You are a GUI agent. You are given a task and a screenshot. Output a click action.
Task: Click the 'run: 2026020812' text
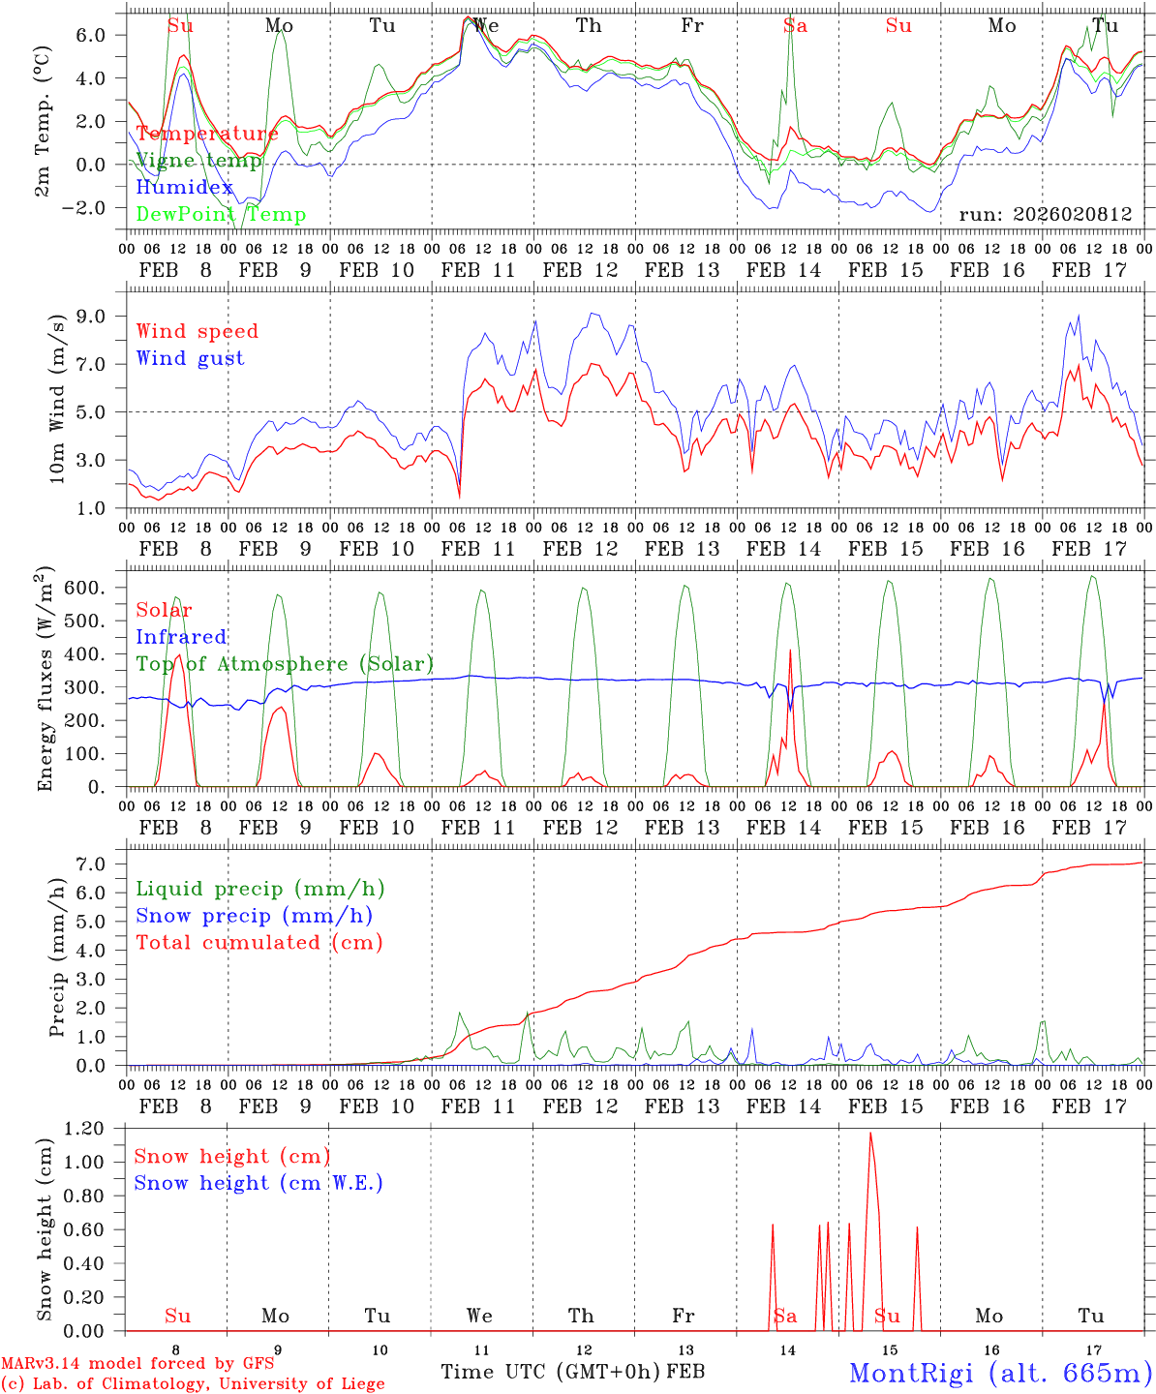point(1046,214)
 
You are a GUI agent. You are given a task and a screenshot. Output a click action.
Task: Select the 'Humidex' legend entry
point(185,188)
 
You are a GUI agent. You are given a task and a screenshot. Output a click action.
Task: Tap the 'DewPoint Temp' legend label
point(221,215)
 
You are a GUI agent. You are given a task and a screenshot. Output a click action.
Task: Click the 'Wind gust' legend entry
point(190,358)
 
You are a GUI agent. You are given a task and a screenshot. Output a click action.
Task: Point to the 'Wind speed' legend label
point(198,331)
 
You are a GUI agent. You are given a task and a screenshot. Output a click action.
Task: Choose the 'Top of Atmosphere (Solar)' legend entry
point(285,664)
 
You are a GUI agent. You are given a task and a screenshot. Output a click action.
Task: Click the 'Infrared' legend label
point(181,637)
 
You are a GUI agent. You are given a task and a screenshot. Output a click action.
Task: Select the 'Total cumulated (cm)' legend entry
point(259,942)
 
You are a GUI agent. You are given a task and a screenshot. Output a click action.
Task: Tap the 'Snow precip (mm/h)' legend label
point(255,916)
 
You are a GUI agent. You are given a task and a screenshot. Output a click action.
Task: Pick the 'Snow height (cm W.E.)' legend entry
point(259,1183)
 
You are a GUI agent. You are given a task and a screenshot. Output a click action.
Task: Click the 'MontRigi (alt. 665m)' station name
point(1001,1372)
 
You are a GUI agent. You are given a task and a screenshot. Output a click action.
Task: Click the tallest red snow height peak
point(870,1134)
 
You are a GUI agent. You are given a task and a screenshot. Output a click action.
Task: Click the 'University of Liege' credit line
point(193,1383)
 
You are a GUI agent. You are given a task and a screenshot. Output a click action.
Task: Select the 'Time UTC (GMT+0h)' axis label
point(551,1372)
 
